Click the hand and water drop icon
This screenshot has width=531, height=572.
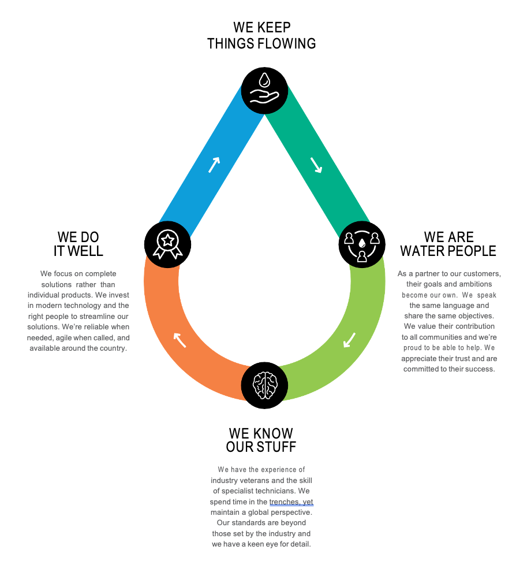[264, 91]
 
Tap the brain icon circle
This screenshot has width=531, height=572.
[264, 385]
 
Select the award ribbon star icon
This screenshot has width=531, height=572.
[167, 244]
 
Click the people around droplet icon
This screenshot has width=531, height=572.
[362, 244]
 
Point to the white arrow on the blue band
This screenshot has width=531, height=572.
[214, 165]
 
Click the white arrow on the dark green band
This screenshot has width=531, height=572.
[316, 165]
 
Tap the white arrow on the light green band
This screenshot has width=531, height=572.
[350, 340]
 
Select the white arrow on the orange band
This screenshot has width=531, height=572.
[180, 340]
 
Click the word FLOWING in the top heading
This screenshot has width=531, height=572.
[287, 43]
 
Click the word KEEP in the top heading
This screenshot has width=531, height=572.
[273, 27]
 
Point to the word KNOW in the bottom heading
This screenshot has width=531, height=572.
[274, 433]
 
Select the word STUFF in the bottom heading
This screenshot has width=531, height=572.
[278, 447]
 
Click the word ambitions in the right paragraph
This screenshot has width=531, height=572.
[473, 284]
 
